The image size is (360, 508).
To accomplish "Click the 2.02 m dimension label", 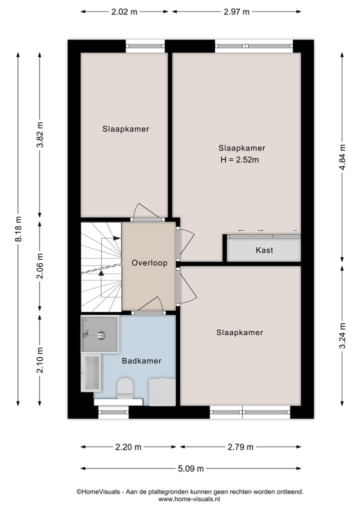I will [x=124, y=12].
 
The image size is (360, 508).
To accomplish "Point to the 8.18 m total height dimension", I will [x=18, y=229].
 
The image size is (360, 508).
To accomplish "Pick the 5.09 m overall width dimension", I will [x=190, y=469].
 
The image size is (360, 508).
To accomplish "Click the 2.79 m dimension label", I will [x=240, y=447].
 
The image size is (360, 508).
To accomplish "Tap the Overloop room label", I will [x=149, y=263].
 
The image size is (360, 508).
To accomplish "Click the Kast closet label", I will [x=264, y=250].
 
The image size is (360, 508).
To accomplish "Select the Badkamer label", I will [x=141, y=361].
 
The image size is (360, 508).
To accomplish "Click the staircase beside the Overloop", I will [x=101, y=266].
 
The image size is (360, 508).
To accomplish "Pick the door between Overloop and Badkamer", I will [x=149, y=312].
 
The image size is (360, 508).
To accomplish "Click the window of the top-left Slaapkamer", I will [x=144, y=46].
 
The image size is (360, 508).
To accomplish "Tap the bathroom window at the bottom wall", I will [x=113, y=413].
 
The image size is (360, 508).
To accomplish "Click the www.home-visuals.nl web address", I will [x=189, y=499].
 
